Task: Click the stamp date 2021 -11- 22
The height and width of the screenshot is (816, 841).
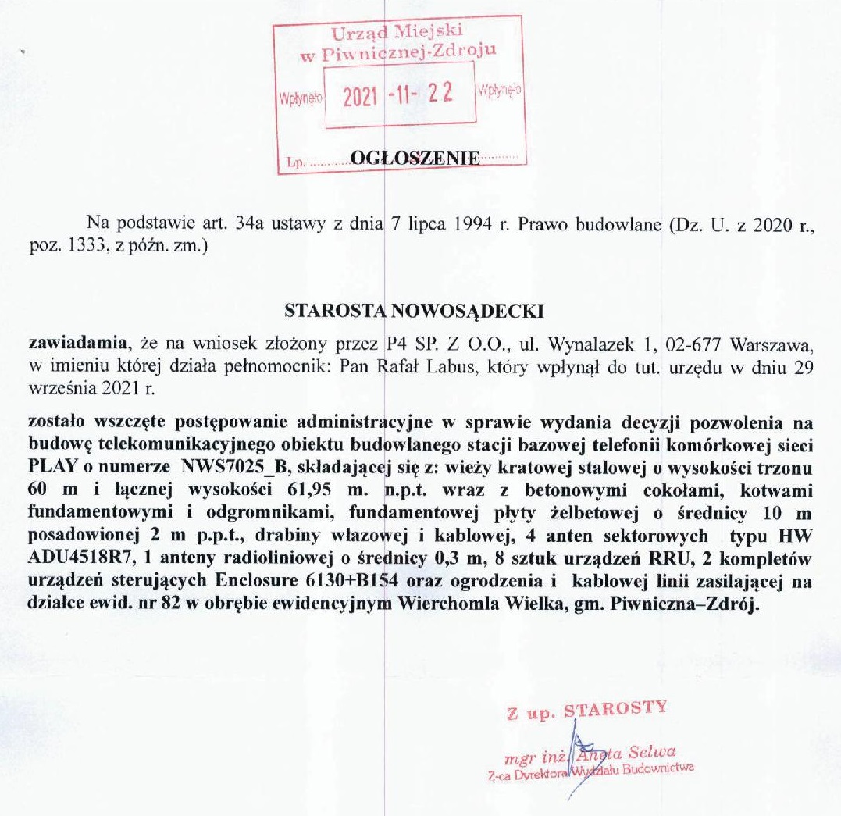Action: [398, 97]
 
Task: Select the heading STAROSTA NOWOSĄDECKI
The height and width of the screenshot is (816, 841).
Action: [414, 310]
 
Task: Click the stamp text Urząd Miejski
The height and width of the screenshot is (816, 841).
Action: [397, 33]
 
